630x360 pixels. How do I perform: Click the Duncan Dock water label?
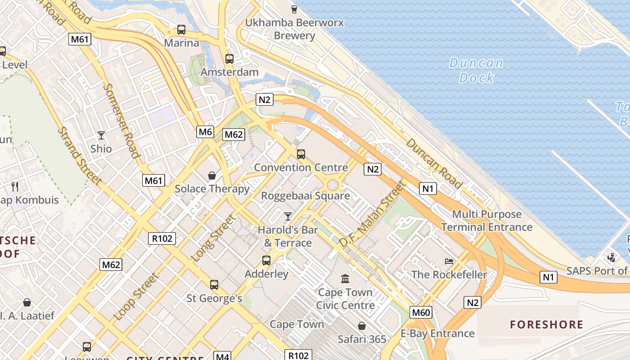pos(476,70)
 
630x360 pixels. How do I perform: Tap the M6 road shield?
pos(205,132)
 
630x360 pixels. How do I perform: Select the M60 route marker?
pos(421,312)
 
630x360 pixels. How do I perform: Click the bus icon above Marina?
pos(181,30)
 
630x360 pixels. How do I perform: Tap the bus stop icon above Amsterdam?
pos(229,58)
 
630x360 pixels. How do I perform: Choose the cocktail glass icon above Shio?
pos(101,135)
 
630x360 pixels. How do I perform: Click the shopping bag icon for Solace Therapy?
pos(211,175)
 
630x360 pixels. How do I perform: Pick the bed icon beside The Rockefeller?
pos(449,261)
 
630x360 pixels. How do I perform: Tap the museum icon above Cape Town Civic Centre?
pos(345,279)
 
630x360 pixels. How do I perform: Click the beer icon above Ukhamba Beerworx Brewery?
pos(294,9)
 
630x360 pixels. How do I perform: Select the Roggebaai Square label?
pos(306,196)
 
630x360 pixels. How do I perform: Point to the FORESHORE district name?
pos(546,324)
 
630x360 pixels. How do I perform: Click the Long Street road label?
pos(214,238)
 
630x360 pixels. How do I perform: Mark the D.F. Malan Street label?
pos(372,214)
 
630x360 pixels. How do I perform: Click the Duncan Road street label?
pos(434,163)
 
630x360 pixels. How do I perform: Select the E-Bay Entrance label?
pos(437,333)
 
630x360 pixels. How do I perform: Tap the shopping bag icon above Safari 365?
pos(362,325)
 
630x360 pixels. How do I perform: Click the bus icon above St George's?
pos(214,284)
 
